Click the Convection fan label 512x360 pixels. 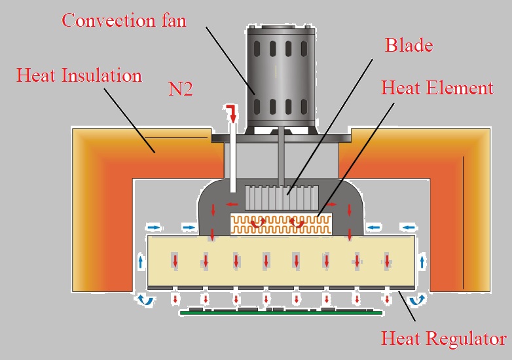(x=124, y=20)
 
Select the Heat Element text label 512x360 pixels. (x=437, y=87)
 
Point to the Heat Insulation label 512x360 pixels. (x=79, y=75)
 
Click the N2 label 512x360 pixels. (x=180, y=90)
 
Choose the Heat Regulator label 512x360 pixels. (x=443, y=338)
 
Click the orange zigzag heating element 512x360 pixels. (x=282, y=224)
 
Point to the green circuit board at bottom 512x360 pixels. (x=282, y=312)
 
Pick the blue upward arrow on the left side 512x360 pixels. (x=141, y=263)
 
